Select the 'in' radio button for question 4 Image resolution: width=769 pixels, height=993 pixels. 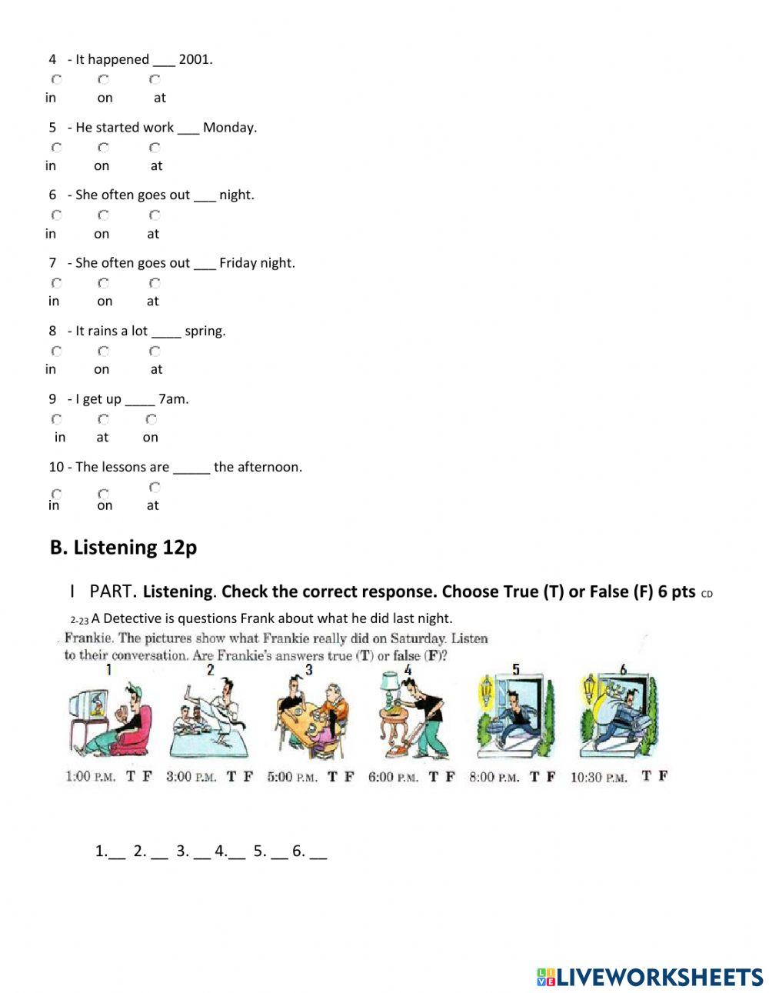tap(56, 79)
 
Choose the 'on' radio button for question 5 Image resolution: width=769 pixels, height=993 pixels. tap(103, 147)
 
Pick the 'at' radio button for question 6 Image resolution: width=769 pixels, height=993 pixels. tap(155, 215)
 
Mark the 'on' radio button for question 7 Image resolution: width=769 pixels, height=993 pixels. tap(103, 283)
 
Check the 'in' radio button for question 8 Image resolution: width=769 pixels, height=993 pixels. tap(56, 352)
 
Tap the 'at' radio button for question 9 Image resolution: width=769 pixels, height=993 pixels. tap(103, 419)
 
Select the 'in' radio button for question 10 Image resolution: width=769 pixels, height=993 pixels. tap(56, 494)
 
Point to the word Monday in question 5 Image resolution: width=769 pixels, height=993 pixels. tap(229, 128)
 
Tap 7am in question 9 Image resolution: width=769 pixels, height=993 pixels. tap(173, 399)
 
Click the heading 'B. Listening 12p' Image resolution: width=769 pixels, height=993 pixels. tap(123, 548)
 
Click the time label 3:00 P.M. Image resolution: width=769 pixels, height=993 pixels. tap(191, 777)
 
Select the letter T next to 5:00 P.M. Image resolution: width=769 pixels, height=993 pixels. tap(332, 777)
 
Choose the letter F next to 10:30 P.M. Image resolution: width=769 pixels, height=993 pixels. tap(662, 776)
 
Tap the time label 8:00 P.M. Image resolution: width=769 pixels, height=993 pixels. tap(494, 777)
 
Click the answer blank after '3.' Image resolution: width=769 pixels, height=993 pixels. tap(201, 852)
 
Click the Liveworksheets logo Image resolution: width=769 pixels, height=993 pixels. tap(650, 977)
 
